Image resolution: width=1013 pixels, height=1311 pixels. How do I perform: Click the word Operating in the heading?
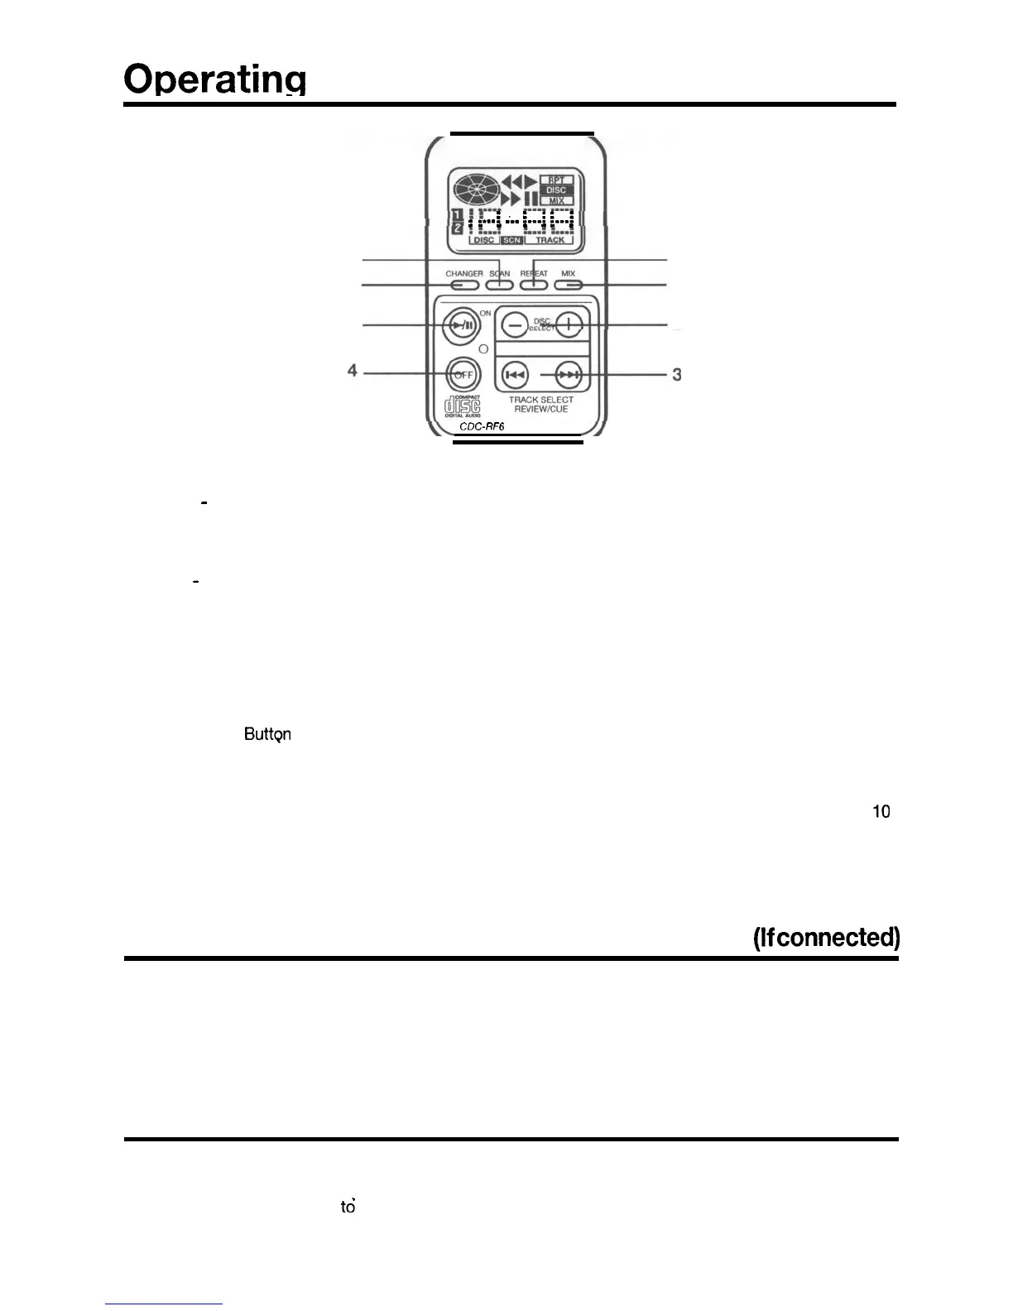[215, 80]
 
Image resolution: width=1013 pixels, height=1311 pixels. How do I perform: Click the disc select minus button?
[515, 326]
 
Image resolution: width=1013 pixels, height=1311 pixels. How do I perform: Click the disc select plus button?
[569, 326]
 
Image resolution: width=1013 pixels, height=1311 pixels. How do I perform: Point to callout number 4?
[353, 372]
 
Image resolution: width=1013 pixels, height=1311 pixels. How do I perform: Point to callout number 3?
[677, 375]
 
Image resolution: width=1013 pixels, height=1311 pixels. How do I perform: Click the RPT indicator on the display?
[556, 180]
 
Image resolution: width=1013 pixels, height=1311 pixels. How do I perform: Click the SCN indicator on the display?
[511, 241]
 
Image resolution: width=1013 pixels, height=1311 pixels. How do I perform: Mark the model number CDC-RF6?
[482, 427]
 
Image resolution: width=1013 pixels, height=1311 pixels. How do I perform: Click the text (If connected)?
[826, 937]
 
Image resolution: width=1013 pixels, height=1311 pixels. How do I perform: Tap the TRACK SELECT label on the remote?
[540, 400]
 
